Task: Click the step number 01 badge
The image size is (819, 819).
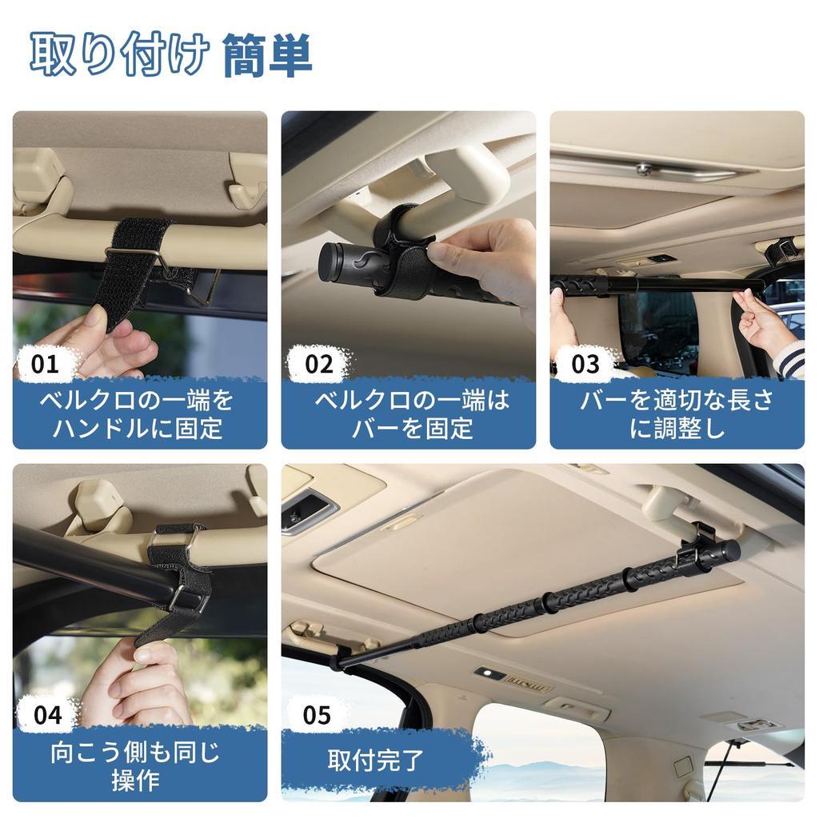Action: pos(46,365)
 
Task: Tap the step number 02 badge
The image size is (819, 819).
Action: pos(318,365)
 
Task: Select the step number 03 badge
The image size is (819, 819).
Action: pos(585,365)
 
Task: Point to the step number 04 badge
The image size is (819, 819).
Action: pos(46,714)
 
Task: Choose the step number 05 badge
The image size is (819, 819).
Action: pos(317,714)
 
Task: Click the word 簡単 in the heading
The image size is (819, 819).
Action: pos(267,56)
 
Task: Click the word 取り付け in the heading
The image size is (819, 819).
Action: pos(120,56)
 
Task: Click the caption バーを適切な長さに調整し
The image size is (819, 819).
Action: pos(677,413)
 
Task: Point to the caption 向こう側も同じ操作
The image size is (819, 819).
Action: pos(136,765)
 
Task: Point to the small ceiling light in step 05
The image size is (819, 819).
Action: pos(489,674)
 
